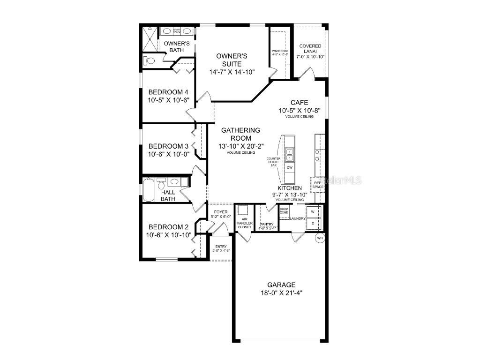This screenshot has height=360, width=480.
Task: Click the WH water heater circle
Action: coord(320,238)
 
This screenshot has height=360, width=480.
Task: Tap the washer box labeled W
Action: coord(313,212)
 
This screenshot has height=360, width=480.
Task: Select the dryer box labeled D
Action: coord(313,224)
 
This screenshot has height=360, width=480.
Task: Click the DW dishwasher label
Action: coord(289,167)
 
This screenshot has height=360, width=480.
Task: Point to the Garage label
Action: coord(281,285)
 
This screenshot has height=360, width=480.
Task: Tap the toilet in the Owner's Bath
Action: coord(149,60)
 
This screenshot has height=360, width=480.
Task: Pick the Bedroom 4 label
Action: coord(168,92)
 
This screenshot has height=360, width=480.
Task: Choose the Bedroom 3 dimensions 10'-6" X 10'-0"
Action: coord(168,154)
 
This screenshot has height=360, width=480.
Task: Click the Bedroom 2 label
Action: coord(168,227)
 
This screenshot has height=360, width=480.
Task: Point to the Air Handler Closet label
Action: coord(244,223)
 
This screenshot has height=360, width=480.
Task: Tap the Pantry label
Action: coord(267,225)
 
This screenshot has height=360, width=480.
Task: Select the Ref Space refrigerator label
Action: coord(318,184)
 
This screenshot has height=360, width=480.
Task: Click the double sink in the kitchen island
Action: coord(290,155)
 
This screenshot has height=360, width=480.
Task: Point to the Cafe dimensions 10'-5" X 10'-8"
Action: coord(299,111)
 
